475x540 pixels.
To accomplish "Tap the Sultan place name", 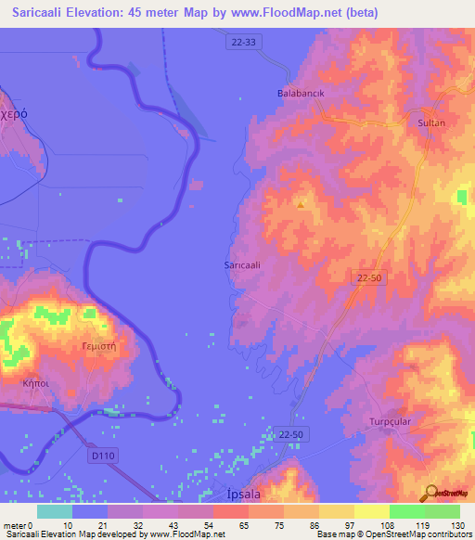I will (432, 122).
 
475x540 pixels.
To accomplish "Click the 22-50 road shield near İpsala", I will (291, 433).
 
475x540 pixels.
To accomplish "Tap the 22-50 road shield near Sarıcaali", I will (368, 276).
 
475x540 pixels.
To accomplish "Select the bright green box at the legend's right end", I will (442, 511).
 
